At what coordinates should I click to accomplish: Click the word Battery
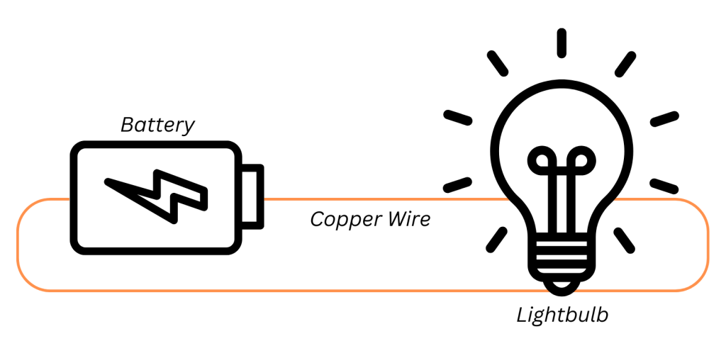tap(157, 125)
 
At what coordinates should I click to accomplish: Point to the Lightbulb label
tap(562, 314)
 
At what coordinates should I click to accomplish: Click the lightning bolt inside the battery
tap(157, 194)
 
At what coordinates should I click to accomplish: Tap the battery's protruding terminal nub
tap(254, 196)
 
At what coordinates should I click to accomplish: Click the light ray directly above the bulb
tap(562, 43)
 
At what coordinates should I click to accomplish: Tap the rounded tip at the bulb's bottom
tap(562, 286)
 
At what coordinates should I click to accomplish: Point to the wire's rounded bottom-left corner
tap(27, 281)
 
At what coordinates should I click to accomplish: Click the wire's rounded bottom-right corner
tap(698, 280)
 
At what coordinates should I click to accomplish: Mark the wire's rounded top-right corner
tap(698, 210)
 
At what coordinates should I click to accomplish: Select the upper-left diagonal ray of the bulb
tap(498, 62)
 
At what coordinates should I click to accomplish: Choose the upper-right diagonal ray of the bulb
tap(625, 62)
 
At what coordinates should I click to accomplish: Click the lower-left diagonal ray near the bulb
tap(498, 238)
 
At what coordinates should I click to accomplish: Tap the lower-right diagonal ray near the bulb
tap(625, 238)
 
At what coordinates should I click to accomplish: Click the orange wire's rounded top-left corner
tap(27, 210)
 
